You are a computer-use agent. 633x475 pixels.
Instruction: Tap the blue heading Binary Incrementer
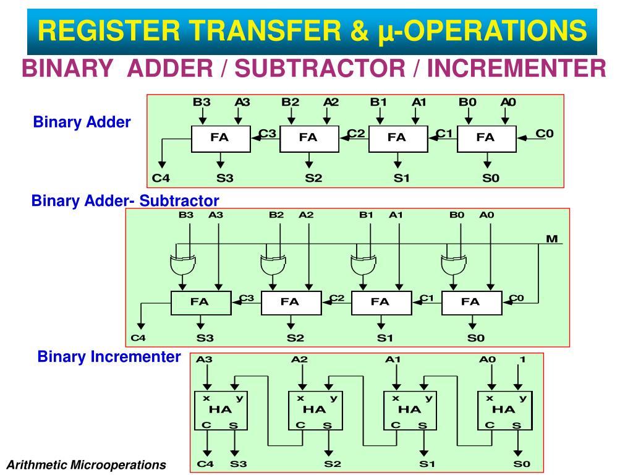pyautogui.click(x=109, y=357)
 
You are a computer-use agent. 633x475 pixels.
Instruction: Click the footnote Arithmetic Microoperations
pyautogui.click(x=87, y=464)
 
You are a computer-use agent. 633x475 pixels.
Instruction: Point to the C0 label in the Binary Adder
pyautogui.click(x=544, y=133)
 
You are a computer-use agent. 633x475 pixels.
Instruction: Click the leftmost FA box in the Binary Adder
pyautogui.click(x=219, y=139)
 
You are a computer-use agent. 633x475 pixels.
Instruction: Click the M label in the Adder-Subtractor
pyautogui.click(x=551, y=238)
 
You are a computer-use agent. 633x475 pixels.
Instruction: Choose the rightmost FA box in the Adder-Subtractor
pyautogui.click(x=470, y=302)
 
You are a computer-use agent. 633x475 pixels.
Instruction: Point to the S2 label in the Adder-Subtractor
pyautogui.click(x=295, y=338)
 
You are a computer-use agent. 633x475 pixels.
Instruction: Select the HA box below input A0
pyautogui.click(x=503, y=410)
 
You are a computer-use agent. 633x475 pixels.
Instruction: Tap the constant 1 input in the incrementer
pyautogui.click(x=522, y=359)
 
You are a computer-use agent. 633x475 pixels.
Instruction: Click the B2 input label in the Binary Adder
pyautogui.click(x=291, y=102)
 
